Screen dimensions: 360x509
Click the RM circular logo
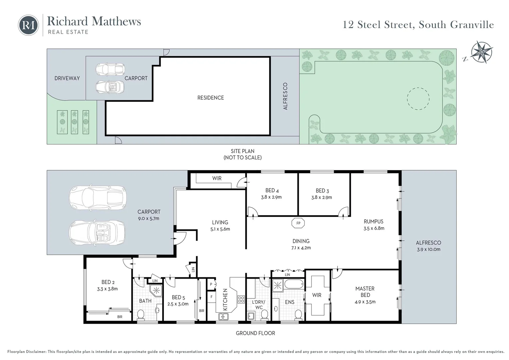click(28, 25)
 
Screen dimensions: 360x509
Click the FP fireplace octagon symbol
click(298, 223)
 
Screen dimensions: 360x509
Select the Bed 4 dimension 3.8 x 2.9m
click(271, 197)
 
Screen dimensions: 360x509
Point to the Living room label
click(220, 222)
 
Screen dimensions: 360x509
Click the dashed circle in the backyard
click(418, 99)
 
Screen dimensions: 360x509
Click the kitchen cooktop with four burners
click(241, 299)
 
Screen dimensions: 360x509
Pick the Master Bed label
click(365, 292)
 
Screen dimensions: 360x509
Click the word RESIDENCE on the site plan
click(211, 98)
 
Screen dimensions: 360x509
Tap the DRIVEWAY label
click(67, 78)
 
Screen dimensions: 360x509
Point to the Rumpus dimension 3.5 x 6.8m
click(374, 228)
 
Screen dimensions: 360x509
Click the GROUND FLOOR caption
click(255, 333)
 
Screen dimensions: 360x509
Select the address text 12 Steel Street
click(378, 25)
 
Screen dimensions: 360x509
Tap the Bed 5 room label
click(176, 297)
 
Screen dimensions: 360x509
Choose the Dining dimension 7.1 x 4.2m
click(301, 248)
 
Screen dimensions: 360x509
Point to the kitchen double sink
click(224, 317)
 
